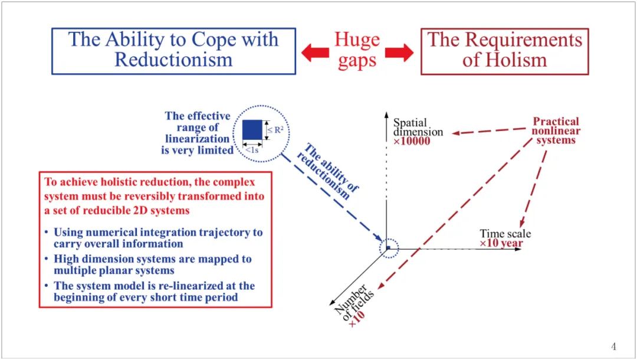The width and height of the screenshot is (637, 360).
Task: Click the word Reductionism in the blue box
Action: [x=173, y=60]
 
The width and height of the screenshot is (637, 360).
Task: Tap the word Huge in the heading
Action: [x=357, y=40]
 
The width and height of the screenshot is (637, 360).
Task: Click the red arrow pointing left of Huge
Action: [x=314, y=53]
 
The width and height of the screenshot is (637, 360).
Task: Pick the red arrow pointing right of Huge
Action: [x=399, y=53]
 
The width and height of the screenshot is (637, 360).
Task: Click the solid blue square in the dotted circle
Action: [x=252, y=130]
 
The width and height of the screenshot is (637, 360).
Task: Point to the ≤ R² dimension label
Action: [x=274, y=130]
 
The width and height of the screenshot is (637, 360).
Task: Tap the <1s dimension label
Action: [x=252, y=150]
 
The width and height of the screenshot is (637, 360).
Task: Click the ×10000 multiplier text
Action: [x=412, y=142]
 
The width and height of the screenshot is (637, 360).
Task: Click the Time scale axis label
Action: [x=505, y=234]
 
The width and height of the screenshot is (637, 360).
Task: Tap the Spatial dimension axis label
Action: [x=418, y=127]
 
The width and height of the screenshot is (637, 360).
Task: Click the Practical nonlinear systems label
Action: [x=556, y=130]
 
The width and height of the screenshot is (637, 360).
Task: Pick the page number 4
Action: [x=613, y=346]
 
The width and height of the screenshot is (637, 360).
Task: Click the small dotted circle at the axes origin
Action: [x=389, y=248]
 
